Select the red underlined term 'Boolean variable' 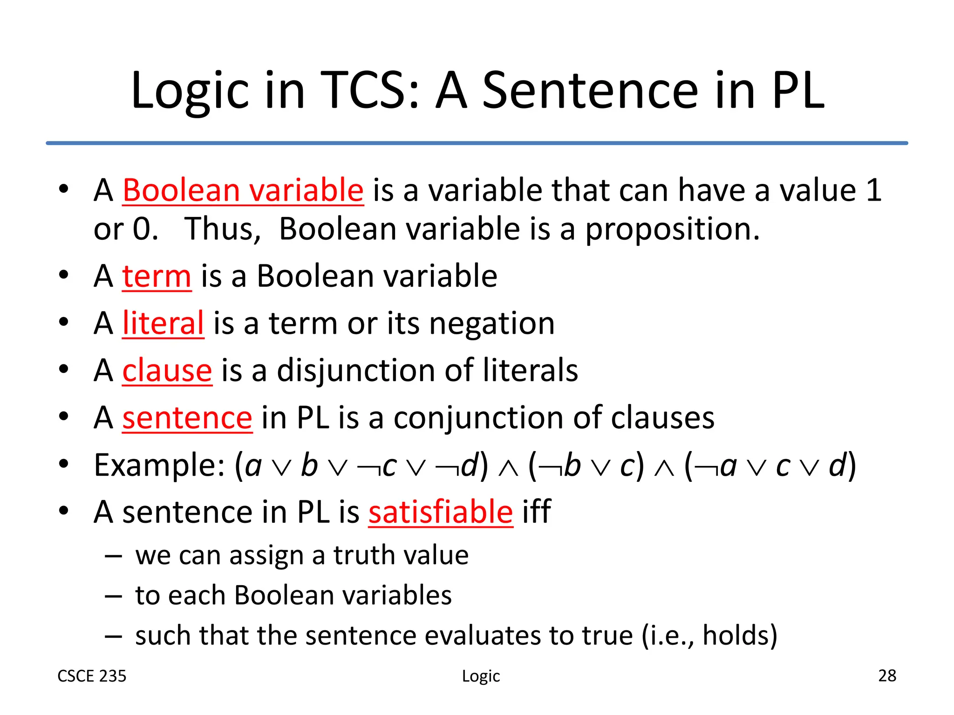pos(243,190)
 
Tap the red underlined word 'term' pos(157,276)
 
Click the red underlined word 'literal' pos(163,323)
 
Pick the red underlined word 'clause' pos(167,371)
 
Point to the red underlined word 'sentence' pos(187,418)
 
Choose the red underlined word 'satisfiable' pos(441,512)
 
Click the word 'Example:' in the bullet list pos(160,465)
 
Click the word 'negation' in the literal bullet pos(491,323)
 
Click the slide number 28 pos(887,675)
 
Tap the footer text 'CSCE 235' pos(92,676)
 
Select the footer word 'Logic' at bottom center pos(481,676)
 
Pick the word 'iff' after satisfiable pos(537,512)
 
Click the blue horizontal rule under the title pos(477,143)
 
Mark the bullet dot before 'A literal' pos(64,322)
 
